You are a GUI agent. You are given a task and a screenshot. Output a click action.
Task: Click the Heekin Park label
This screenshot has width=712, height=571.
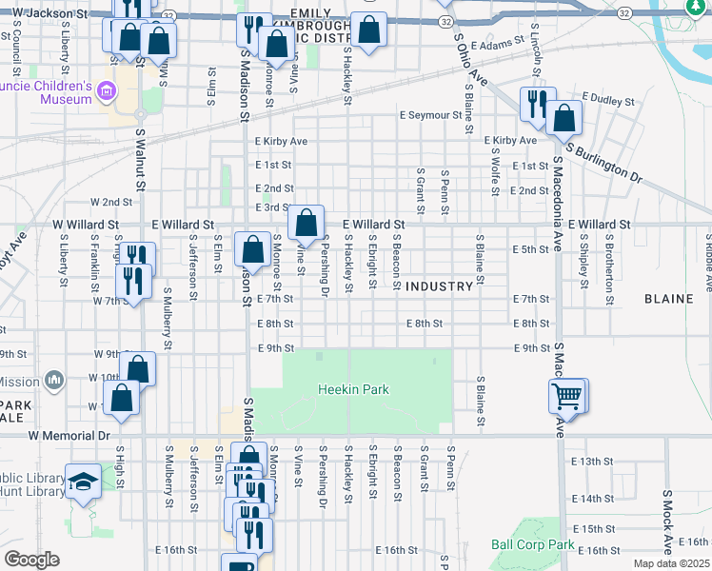coord(352,390)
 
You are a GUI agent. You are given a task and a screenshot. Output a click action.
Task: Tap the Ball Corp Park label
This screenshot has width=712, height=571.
coord(533,545)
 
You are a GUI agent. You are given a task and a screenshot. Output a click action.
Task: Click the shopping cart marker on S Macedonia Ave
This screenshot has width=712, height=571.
coord(567,395)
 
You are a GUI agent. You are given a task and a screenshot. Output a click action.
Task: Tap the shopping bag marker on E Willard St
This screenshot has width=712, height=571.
coord(307,225)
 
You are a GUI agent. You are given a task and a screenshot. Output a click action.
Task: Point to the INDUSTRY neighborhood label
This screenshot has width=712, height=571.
coord(439,286)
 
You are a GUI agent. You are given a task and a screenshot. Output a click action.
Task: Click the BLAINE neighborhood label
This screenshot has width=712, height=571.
coord(668,299)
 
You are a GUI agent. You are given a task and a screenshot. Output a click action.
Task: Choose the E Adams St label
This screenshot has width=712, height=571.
coord(498,44)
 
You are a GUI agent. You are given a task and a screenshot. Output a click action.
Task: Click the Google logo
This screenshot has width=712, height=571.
coord(31,560)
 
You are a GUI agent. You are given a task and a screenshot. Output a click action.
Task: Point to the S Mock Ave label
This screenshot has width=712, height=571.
coord(668,522)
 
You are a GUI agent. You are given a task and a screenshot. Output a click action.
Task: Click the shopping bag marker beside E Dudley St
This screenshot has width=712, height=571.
coord(564,118)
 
